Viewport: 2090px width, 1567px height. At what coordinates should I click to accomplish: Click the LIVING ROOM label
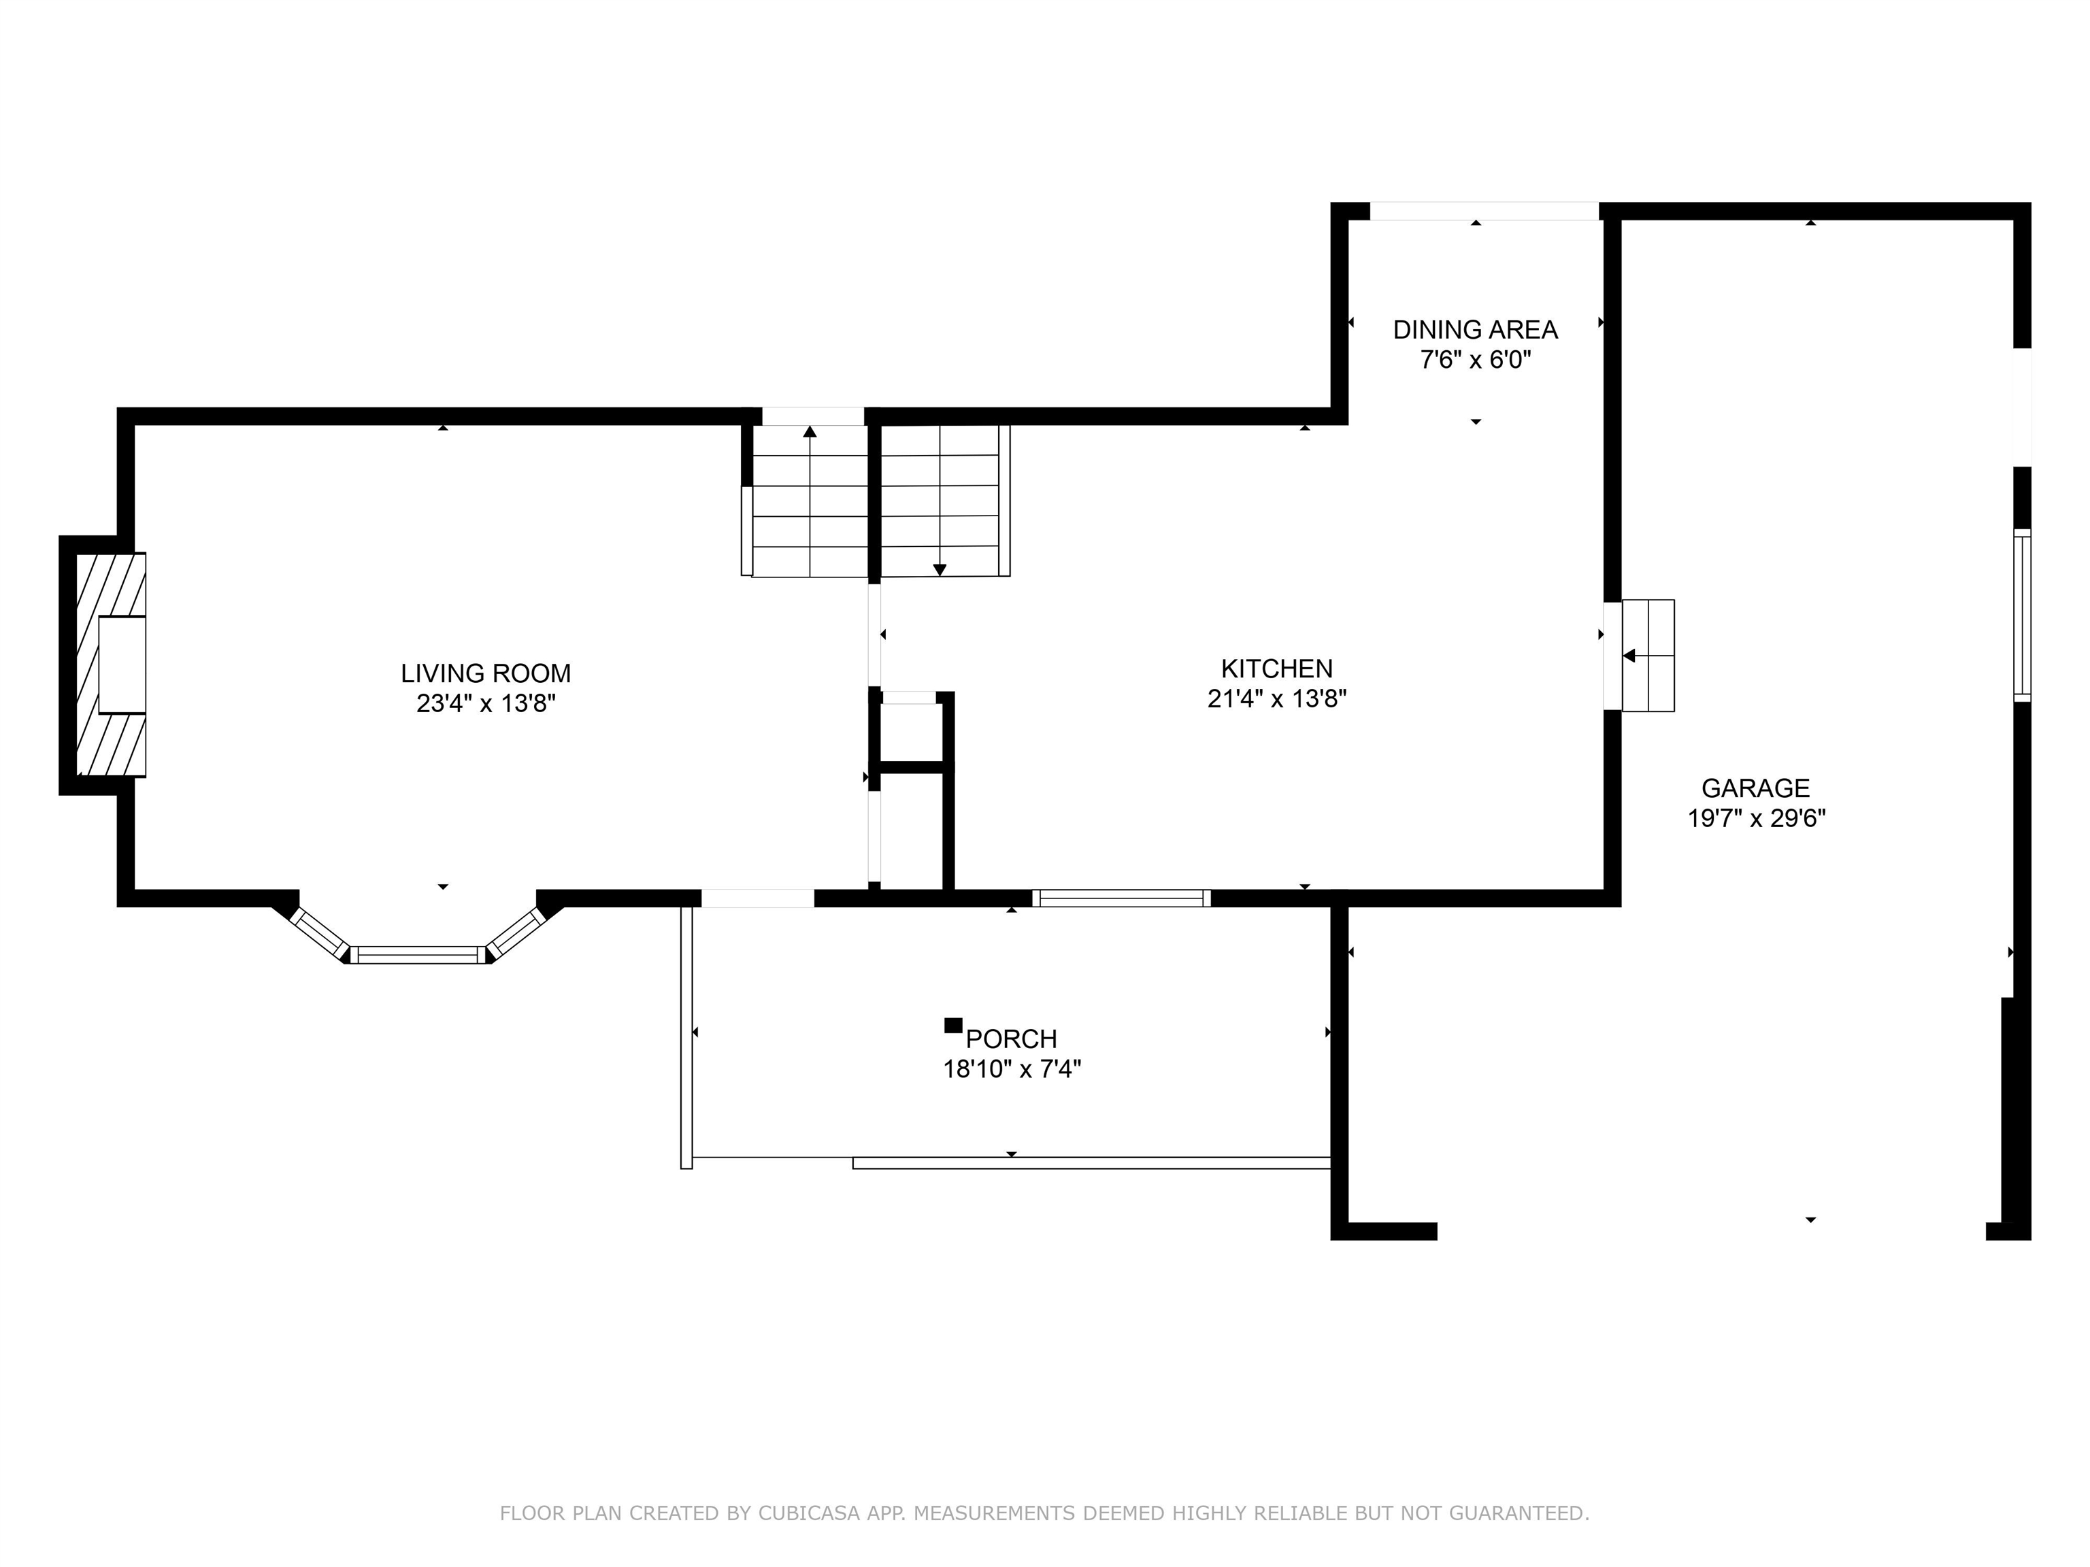(486, 673)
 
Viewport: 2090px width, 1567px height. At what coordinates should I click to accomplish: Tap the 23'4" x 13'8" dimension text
(486, 704)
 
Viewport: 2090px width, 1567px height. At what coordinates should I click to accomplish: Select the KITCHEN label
(1276, 669)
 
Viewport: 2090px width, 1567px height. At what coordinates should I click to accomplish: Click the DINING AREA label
(1475, 330)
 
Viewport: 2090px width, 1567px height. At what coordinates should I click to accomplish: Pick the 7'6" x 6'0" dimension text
(1475, 360)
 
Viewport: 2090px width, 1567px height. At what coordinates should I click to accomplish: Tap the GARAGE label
(1755, 788)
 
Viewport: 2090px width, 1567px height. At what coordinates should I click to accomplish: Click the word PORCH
(1011, 1039)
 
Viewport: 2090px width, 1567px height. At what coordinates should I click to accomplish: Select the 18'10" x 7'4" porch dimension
(1011, 1069)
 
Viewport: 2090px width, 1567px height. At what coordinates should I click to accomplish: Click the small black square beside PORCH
(953, 1026)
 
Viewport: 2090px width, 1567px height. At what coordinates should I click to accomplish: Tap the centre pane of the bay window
(418, 955)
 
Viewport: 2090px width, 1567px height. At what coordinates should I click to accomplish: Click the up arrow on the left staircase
(810, 433)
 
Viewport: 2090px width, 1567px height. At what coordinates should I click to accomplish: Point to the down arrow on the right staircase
(939, 569)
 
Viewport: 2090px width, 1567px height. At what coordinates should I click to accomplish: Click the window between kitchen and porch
(1121, 898)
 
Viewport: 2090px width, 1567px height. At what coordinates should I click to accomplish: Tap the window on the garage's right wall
(2021, 615)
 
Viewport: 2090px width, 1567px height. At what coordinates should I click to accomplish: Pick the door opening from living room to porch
(757, 898)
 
